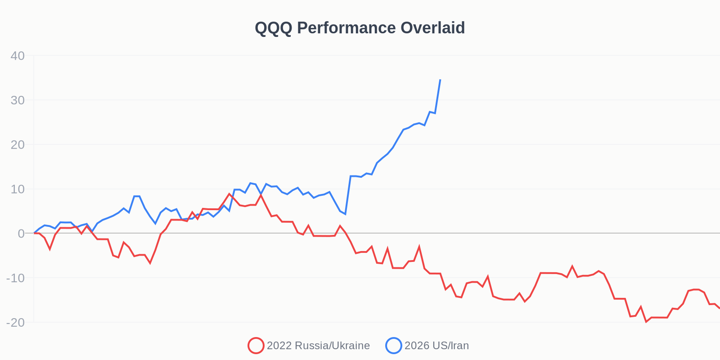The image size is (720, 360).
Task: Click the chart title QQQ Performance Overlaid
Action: point(360,28)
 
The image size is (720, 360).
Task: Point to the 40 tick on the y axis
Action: point(18,56)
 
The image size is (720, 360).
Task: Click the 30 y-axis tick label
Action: point(18,100)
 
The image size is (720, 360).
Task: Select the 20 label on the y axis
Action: point(18,144)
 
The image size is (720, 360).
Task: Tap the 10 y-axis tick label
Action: point(18,189)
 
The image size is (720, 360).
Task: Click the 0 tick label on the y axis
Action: point(21,233)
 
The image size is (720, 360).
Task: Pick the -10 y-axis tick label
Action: point(15,278)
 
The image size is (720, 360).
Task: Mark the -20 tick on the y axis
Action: point(15,322)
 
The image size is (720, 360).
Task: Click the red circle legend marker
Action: point(256,346)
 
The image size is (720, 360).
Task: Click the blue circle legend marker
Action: point(393,346)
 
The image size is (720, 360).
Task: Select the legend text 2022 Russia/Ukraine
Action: point(318,346)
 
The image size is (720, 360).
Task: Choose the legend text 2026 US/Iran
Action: point(436,346)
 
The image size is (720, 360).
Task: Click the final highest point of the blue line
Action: point(440,80)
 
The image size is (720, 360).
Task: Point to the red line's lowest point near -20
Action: point(646,322)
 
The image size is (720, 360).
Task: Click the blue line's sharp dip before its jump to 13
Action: point(345,214)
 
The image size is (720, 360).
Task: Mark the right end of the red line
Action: point(719,308)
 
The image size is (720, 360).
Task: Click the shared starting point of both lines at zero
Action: point(34,233)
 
